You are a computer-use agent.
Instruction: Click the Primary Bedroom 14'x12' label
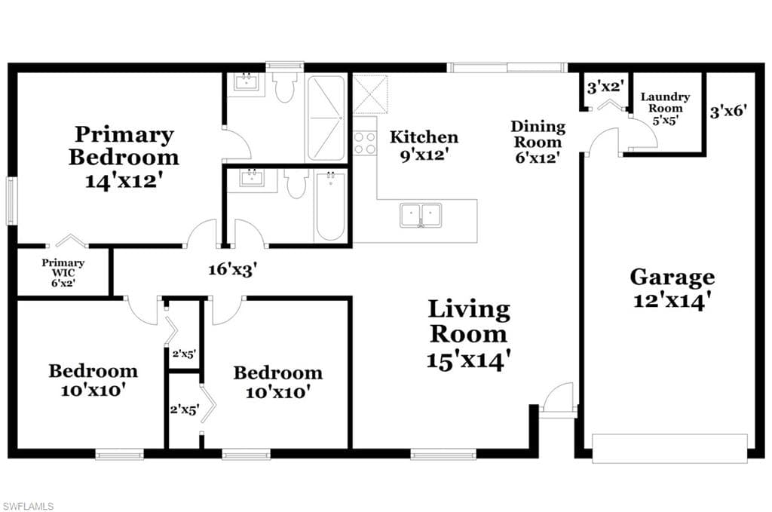(x=124, y=157)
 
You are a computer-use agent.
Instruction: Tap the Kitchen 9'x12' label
(x=424, y=146)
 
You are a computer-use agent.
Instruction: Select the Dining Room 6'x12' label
(x=538, y=142)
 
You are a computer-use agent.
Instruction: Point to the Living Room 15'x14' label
(x=469, y=334)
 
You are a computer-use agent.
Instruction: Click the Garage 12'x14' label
(x=672, y=288)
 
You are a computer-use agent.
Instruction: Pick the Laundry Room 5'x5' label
(x=665, y=109)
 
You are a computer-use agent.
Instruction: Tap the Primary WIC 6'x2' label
(x=63, y=273)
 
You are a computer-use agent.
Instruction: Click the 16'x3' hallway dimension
(x=232, y=269)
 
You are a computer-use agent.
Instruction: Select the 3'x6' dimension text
(x=728, y=112)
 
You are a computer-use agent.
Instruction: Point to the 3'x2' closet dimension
(x=605, y=87)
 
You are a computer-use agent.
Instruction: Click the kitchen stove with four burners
(x=365, y=143)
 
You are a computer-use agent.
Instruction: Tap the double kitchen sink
(x=421, y=215)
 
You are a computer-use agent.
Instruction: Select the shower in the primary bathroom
(x=326, y=118)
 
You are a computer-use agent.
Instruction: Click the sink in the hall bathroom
(x=252, y=179)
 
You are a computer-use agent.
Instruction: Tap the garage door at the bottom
(x=669, y=449)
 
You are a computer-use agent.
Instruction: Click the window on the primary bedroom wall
(x=11, y=201)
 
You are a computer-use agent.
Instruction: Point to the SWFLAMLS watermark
(x=28, y=506)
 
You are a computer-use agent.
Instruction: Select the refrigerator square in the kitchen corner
(x=370, y=94)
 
